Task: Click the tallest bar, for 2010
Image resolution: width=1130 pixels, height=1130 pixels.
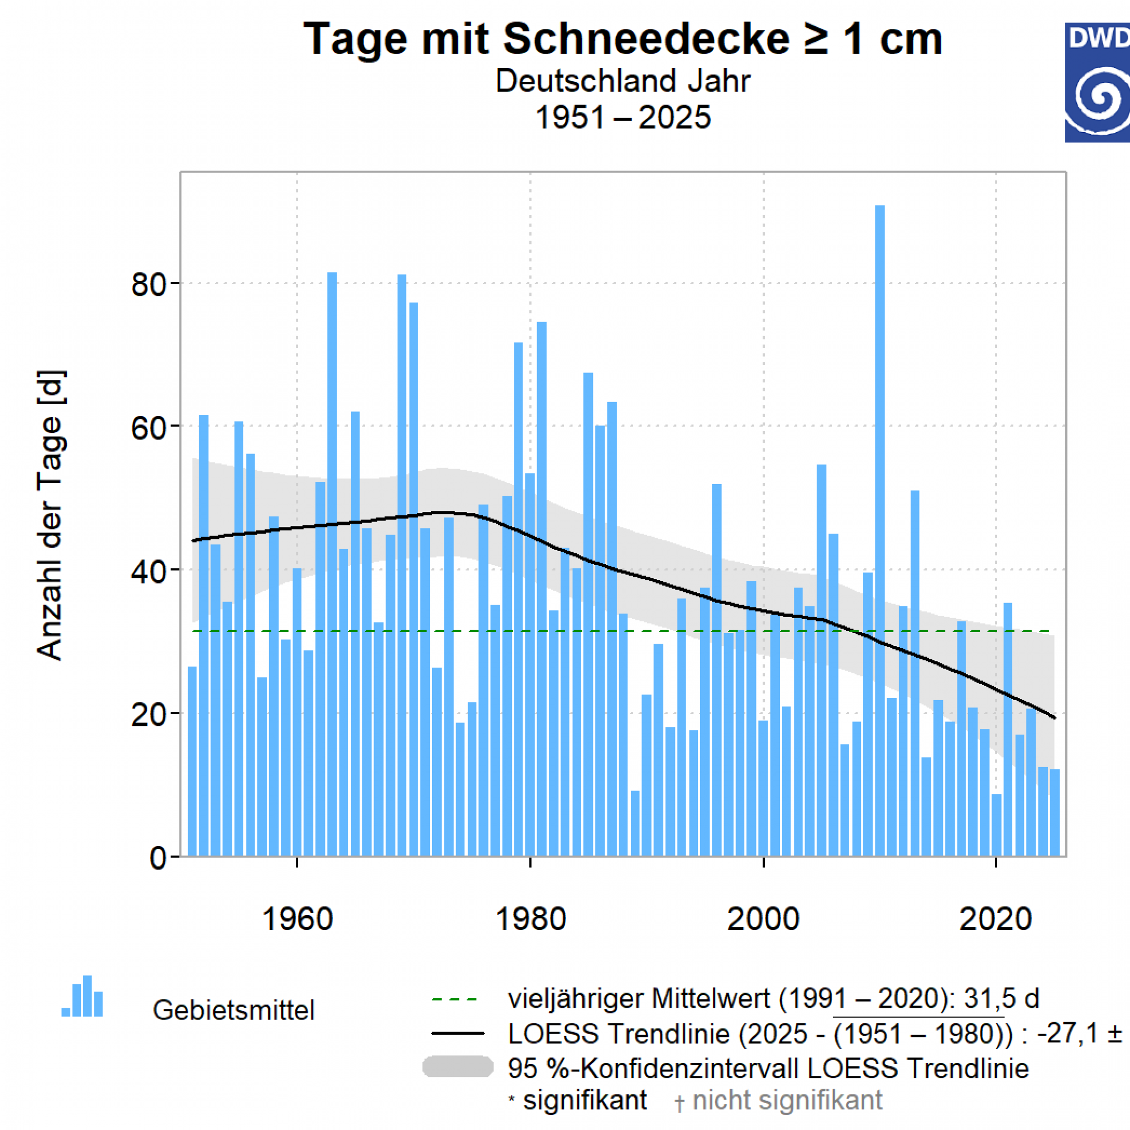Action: click(880, 526)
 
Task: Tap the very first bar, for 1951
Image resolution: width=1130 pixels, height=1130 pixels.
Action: click(192, 760)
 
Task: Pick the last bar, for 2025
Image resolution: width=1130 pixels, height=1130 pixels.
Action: click(1055, 813)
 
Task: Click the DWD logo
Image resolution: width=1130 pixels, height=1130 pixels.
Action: click(1097, 83)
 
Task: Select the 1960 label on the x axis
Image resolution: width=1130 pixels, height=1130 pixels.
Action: click(297, 919)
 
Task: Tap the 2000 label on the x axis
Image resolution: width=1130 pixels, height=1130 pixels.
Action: click(763, 919)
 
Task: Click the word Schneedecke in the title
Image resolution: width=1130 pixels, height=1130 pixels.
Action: click(646, 39)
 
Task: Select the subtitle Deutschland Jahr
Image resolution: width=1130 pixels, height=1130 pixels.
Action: click(623, 81)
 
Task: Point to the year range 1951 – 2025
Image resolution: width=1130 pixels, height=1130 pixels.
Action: click(623, 118)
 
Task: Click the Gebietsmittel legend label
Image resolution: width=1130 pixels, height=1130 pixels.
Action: click(233, 1011)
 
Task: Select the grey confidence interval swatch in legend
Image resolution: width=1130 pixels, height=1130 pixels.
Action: click(458, 1066)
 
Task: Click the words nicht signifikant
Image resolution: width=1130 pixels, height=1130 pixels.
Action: click(787, 1100)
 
